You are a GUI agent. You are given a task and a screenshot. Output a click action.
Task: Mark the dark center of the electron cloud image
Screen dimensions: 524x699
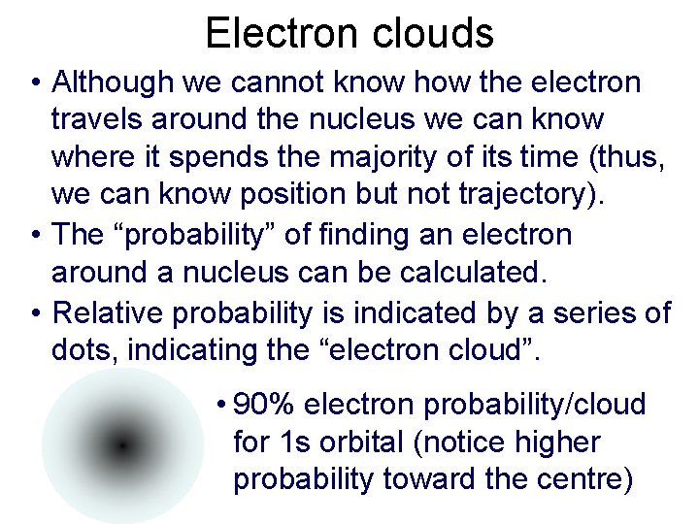click(x=121, y=445)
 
